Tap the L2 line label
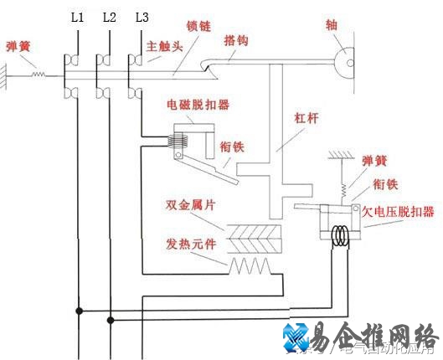pos(109,17)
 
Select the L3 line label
pos(141,17)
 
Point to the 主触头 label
pos(165,48)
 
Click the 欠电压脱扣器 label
pos(397,212)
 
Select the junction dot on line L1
pos(79,311)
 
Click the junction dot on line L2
pos(110,318)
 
